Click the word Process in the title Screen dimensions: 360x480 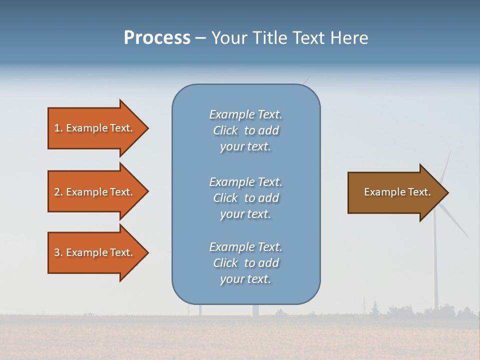pyautogui.click(x=157, y=38)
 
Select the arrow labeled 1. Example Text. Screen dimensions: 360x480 pyautogui.click(x=95, y=128)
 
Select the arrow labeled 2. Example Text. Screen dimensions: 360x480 pyautogui.click(x=95, y=192)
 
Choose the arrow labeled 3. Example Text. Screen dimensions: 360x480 pyautogui.click(x=95, y=252)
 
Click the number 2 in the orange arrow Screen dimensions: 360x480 pyautogui.click(x=57, y=192)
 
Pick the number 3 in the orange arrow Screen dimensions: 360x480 pyautogui.click(x=57, y=252)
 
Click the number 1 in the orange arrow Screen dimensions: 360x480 pyautogui.click(x=57, y=128)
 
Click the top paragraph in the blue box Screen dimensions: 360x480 pyautogui.click(x=245, y=130)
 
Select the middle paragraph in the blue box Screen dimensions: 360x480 pyautogui.click(x=245, y=198)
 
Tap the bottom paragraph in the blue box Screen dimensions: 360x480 pyautogui.click(x=245, y=263)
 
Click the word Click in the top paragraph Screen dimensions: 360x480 pyautogui.click(x=225, y=130)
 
